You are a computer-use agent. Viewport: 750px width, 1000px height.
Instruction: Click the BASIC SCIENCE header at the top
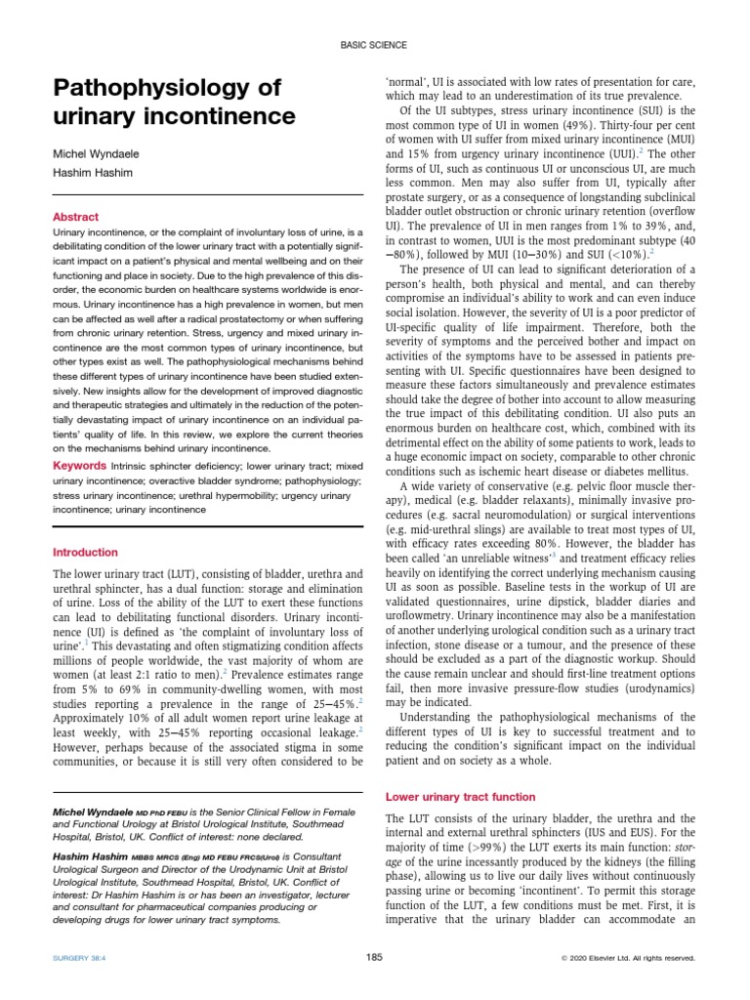click(374, 46)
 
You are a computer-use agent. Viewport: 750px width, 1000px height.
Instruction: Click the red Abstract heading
click(75, 216)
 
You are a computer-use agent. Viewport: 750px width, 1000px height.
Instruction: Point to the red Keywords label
click(80, 465)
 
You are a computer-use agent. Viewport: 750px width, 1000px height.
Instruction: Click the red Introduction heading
click(85, 552)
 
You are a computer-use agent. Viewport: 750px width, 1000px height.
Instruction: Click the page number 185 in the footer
click(374, 957)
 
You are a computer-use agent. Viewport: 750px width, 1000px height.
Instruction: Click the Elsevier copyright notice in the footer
click(628, 958)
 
